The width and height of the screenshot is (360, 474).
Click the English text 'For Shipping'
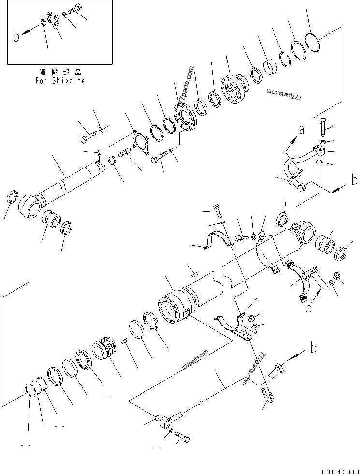pyautogui.click(x=60, y=81)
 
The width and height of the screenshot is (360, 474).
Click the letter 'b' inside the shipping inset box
pyautogui.click(x=16, y=36)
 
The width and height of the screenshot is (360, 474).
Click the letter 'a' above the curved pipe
pyautogui.click(x=302, y=129)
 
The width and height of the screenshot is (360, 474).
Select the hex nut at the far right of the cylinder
pyautogui.click(x=337, y=276)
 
